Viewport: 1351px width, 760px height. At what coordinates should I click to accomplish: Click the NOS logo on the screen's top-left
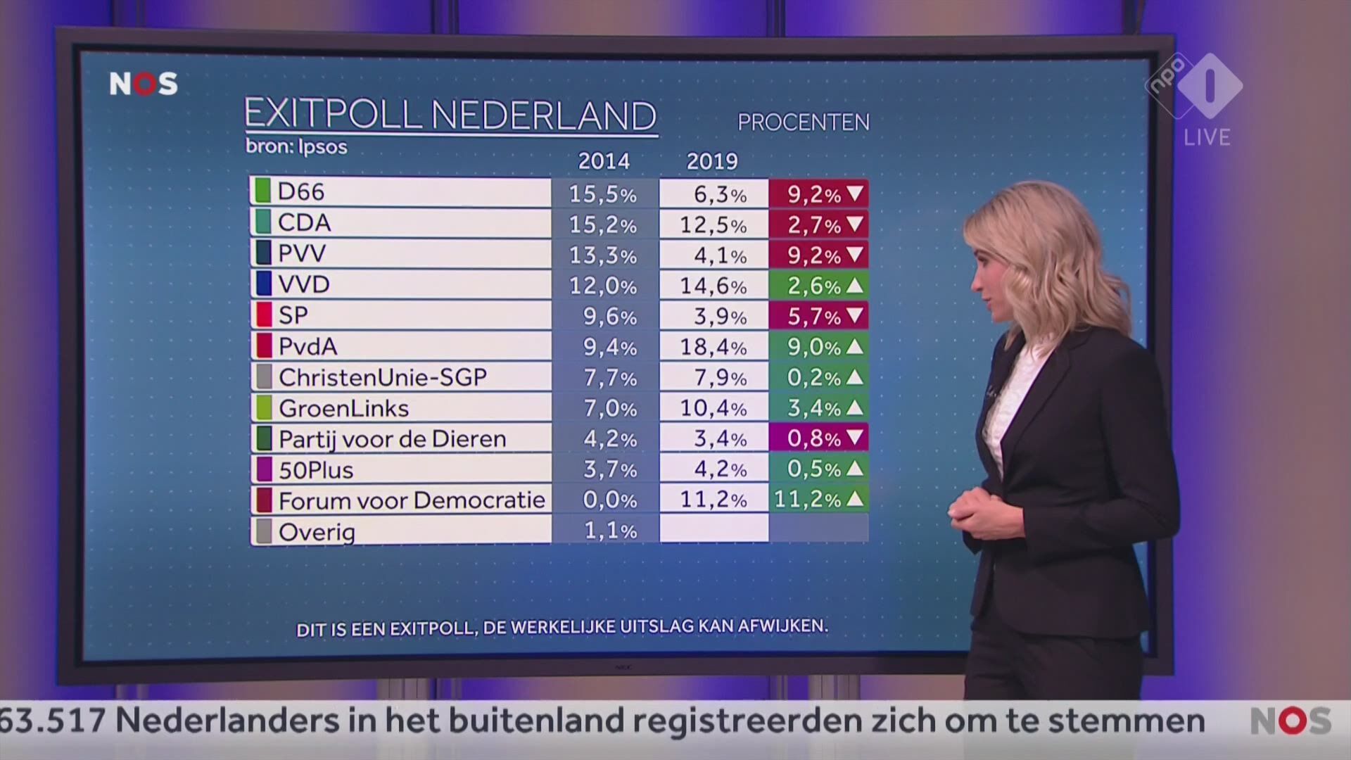(x=144, y=84)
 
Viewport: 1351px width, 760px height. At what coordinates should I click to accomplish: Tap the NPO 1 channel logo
(x=1196, y=87)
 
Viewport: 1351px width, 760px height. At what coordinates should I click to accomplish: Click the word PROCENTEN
(x=803, y=122)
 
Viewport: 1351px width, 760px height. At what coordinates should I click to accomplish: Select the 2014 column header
(x=604, y=161)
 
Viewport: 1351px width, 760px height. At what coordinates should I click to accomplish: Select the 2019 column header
(x=712, y=161)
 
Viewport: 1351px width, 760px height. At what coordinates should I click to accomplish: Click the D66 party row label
(x=301, y=192)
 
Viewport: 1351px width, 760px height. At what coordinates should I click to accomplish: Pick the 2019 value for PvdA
(x=713, y=346)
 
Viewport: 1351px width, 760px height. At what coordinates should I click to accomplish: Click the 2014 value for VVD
(x=603, y=285)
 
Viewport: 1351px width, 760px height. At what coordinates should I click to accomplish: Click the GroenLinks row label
(x=343, y=408)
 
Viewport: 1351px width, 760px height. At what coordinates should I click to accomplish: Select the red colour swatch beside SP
(x=264, y=315)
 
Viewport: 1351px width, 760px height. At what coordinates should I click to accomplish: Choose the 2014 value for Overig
(x=610, y=530)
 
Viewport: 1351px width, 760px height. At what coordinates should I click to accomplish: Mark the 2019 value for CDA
(x=713, y=224)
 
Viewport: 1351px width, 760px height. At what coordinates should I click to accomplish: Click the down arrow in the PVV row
(x=855, y=253)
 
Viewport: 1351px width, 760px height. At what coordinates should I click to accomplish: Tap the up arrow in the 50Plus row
(x=855, y=468)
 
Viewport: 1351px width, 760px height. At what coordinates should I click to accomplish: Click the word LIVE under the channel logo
(x=1207, y=137)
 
